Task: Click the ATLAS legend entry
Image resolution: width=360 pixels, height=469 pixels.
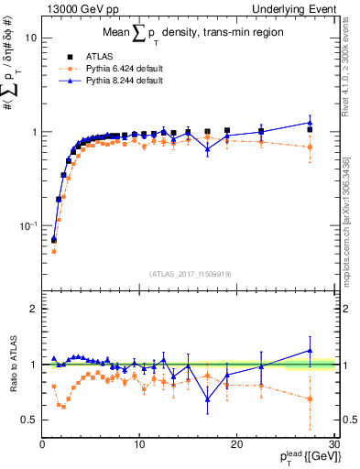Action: click(97, 56)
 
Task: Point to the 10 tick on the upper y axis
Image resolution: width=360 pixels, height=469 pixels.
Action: click(30, 38)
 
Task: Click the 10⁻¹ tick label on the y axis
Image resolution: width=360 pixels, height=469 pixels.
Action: click(27, 225)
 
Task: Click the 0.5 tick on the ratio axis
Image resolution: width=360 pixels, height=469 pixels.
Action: click(27, 420)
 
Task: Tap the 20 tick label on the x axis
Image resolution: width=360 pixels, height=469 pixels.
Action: click(236, 444)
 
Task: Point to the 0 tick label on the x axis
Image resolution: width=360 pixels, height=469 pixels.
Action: click(43, 444)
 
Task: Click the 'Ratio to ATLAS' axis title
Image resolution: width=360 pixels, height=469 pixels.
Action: click(11, 365)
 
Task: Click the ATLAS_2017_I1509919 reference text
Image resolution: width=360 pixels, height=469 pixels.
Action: click(191, 273)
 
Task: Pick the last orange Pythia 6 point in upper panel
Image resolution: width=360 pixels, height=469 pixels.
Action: click(310, 147)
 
